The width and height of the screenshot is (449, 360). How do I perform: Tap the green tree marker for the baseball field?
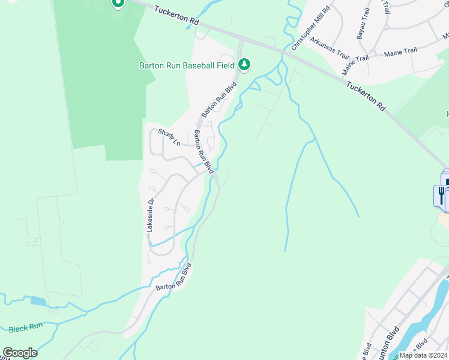(244, 64)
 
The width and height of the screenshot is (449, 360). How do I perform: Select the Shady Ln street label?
(169, 137)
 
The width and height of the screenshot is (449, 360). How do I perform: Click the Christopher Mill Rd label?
(310, 29)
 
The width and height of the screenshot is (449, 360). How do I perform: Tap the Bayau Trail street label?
(363, 24)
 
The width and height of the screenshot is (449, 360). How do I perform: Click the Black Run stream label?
(26, 328)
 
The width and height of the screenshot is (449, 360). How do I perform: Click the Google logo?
(19, 353)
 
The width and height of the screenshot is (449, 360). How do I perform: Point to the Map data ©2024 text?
(423, 355)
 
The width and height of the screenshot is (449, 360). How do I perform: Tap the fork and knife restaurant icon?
(441, 194)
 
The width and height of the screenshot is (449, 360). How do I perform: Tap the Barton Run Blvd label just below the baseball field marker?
(219, 100)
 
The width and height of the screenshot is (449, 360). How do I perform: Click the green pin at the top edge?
(118, 4)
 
